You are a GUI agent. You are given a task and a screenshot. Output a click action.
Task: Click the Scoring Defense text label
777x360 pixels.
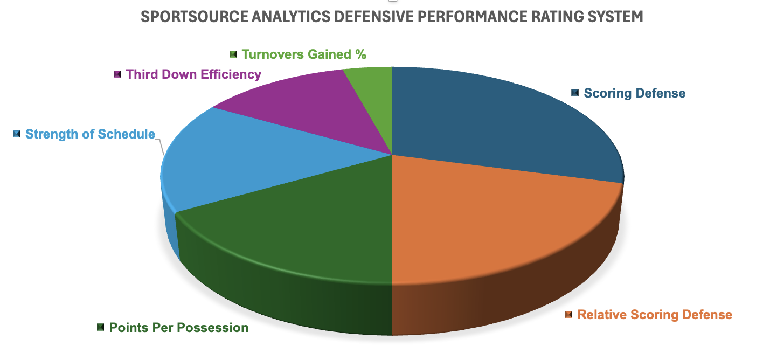coord(634,93)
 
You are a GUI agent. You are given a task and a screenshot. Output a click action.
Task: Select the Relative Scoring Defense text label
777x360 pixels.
coord(655,315)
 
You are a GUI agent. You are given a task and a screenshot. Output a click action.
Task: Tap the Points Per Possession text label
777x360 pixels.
coord(178,328)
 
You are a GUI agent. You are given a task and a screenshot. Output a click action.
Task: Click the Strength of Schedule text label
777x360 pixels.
coord(90,134)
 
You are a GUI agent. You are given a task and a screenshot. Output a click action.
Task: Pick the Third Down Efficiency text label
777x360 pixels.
coord(193,74)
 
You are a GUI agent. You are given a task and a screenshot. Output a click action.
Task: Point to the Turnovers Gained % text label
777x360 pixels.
coord(304,54)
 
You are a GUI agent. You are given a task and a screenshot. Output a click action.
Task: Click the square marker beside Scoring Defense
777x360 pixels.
coord(575,93)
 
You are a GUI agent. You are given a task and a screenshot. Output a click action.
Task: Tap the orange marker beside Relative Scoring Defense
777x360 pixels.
coord(568,315)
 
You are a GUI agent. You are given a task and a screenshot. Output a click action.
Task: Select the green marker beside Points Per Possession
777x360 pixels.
coord(100,327)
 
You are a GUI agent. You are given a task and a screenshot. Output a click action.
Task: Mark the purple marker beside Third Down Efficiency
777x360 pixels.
coord(117,74)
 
